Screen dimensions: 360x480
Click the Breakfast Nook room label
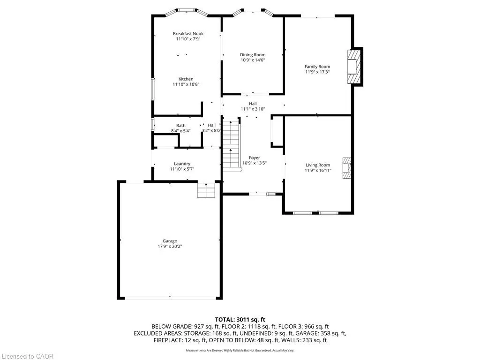(188, 34)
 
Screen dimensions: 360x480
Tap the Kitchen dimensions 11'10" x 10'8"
(186, 84)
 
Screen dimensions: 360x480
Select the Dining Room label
(253, 55)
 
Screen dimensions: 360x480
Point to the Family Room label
(317, 67)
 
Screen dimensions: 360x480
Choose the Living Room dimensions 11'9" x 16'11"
(318, 171)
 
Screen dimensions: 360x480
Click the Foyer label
(254, 158)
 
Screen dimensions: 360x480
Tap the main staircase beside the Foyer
(231, 145)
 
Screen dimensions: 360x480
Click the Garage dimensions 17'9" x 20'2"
(170, 247)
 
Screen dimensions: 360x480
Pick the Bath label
(180, 126)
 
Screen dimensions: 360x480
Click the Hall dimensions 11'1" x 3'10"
(253, 109)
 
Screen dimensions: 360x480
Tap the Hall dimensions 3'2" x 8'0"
(211, 131)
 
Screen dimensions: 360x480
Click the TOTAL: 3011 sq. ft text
(240, 319)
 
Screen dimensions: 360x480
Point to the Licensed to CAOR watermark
(27, 356)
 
